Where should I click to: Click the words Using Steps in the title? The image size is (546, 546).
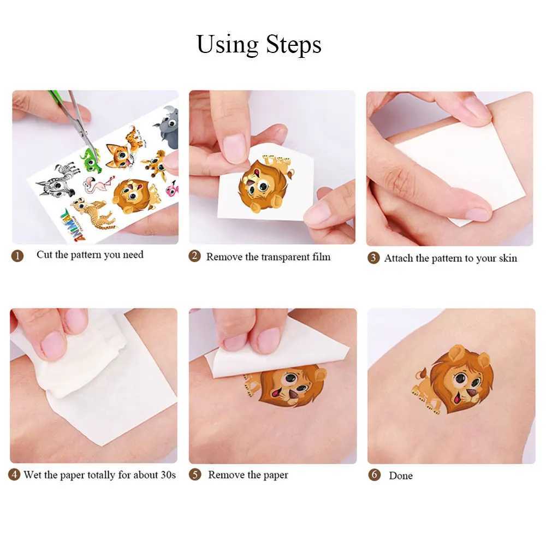[x=259, y=44]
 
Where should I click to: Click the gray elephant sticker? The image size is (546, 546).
[x=169, y=129]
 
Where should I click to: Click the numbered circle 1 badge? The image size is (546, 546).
[x=18, y=256]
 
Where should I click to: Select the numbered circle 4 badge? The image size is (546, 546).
[x=14, y=475]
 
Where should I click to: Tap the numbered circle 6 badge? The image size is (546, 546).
[x=375, y=475]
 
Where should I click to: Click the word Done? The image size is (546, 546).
[x=401, y=476]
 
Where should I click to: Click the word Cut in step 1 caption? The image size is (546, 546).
[x=44, y=255]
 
